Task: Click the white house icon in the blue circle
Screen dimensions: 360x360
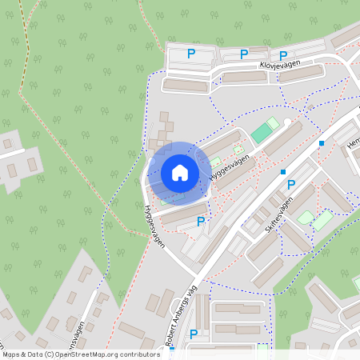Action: pos(180,173)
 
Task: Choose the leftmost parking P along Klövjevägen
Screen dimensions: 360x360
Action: pos(191,54)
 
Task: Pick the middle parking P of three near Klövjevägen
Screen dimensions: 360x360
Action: pos(244,54)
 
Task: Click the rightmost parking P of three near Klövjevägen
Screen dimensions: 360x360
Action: pos(283,55)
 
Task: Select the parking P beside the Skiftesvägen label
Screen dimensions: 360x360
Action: pos(291,185)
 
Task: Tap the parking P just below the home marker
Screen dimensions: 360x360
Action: pos(201,221)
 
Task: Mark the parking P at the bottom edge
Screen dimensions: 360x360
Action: pos(194,334)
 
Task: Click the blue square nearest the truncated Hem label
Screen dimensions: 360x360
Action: pos(322,143)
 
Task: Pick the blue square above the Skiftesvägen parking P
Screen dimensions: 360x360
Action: pos(283,171)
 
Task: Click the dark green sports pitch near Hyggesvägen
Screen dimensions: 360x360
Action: pos(262,132)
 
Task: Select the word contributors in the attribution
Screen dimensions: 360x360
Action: pos(138,354)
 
